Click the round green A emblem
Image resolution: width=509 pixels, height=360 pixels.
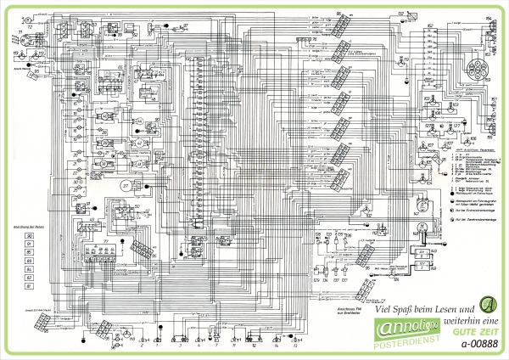(487, 304)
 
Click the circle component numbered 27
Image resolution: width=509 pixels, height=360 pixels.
(125, 185)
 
